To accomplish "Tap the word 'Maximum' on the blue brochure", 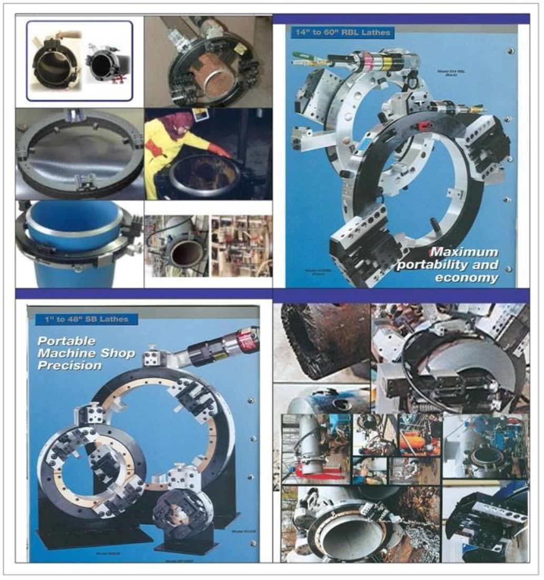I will [464, 252].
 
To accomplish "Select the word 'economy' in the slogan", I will [466, 278].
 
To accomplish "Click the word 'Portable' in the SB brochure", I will [67, 341].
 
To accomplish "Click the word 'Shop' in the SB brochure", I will [121, 353].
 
